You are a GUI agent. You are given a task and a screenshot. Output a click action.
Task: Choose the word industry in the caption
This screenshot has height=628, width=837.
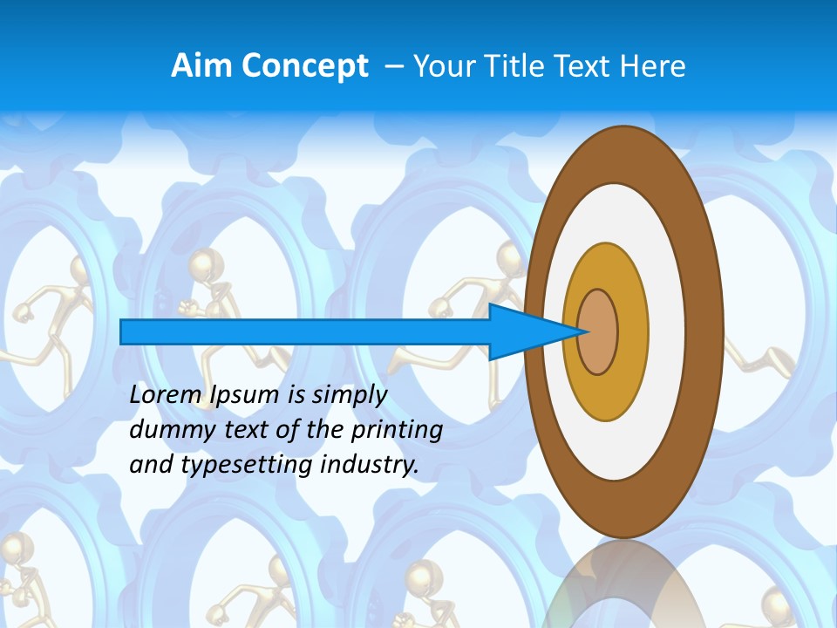tap(370, 465)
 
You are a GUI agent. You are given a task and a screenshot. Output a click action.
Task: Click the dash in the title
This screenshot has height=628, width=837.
tap(394, 66)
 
